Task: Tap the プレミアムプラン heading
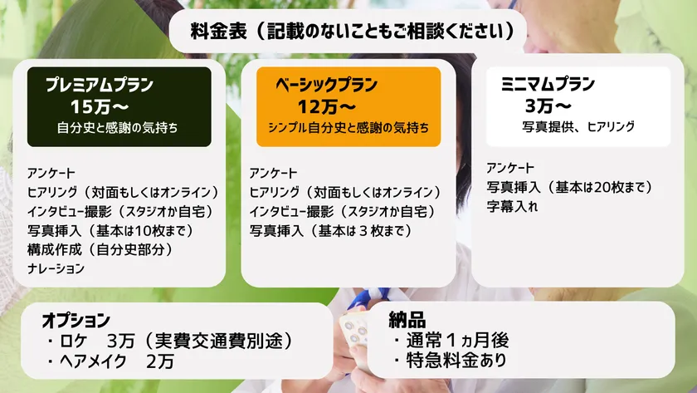[x=100, y=85]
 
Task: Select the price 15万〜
[x=98, y=106]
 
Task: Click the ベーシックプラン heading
[x=327, y=85]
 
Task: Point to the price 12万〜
[x=327, y=106]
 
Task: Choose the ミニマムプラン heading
[x=549, y=85]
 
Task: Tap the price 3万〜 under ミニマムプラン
[x=548, y=106]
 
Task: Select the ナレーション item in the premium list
[x=56, y=268]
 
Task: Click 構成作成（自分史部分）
[x=104, y=248]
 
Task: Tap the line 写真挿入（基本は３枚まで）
[x=330, y=228]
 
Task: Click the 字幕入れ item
[x=512, y=207]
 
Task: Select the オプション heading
[x=76, y=321]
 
